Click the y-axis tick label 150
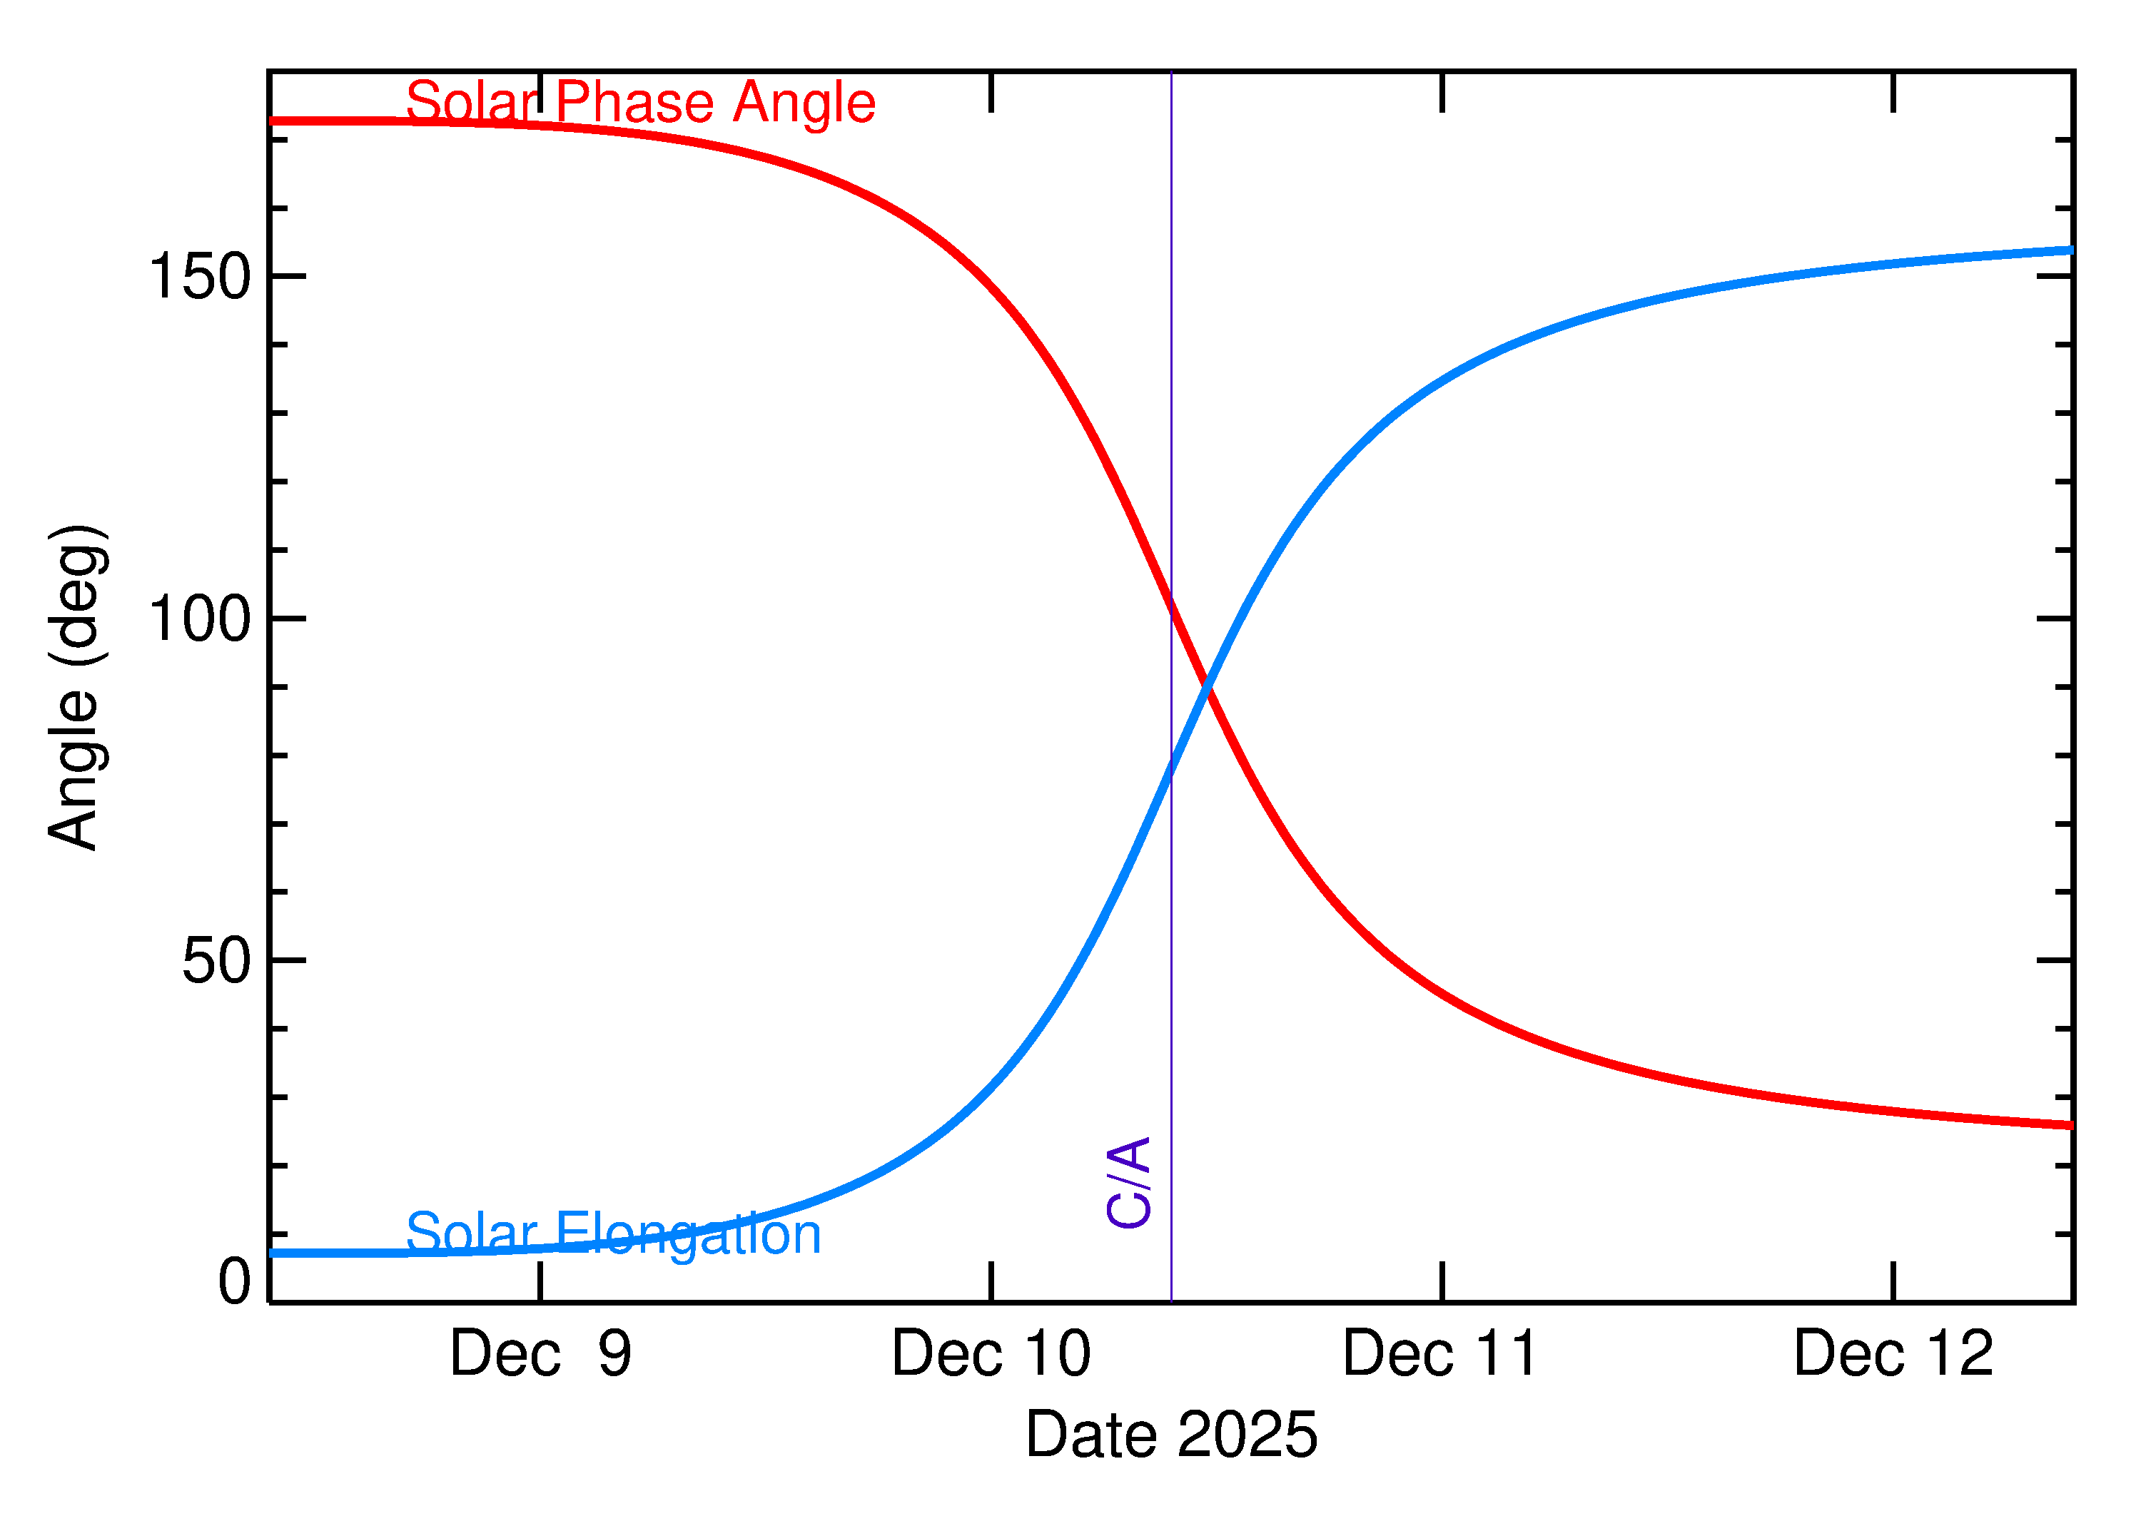click(200, 278)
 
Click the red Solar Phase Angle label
click(641, 102)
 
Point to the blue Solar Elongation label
click(614, 1234)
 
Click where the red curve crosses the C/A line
click(1171, 607)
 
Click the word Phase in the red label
click(636, 102)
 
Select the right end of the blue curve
click(2071, 250)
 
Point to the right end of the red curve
click(2071, 1126)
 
